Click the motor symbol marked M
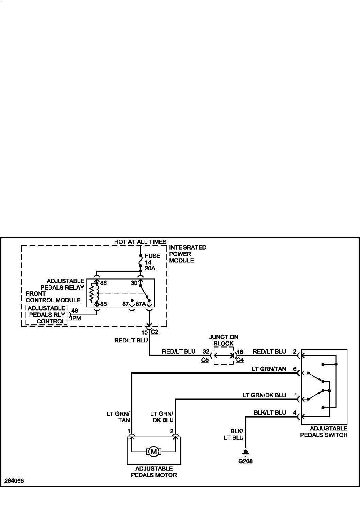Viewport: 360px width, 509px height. click(154, 452)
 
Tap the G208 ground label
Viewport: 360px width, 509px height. click(245, 461)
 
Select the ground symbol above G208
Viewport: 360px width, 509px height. click(245, 453)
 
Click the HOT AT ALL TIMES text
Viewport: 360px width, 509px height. click(140, 242)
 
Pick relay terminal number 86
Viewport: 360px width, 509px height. click(103, 283)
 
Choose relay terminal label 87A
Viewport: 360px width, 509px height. click(141, 304)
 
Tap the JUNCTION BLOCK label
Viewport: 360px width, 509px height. click(224, 340)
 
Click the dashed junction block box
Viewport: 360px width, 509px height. click(224, 356)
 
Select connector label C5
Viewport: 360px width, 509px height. click(205, 360)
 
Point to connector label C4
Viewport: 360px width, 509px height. click(240, 360)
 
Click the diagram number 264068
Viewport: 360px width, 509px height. click(14, 481)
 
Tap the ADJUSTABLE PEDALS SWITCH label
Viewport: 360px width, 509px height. click(324, 432)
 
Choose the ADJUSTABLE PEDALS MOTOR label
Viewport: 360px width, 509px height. click(154, 472)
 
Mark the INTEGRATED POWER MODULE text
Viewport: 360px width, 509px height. click(187, 254)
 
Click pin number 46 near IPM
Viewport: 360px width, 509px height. click(75, 311)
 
